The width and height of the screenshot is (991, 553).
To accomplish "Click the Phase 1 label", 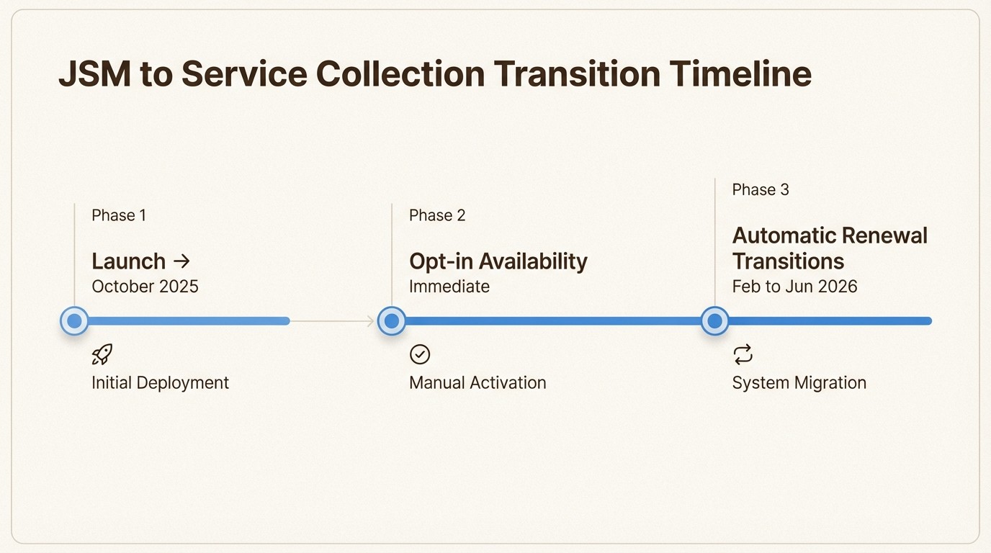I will [119, 215].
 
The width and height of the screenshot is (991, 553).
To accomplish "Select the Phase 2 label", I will [437, 215].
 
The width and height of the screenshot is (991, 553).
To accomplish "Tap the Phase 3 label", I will [761, 189].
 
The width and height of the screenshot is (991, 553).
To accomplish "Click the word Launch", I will [129, 261].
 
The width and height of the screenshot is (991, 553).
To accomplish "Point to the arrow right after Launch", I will [181, 261].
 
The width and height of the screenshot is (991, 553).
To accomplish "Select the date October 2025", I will [145, 286].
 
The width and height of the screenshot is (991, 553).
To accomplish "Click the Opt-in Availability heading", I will [498, 261].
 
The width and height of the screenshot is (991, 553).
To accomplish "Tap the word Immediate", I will [449, 286].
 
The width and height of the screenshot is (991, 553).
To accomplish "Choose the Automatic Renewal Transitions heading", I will [830, 248].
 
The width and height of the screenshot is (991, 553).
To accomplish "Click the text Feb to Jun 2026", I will [794, 286].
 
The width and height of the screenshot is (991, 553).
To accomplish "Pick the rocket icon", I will [102, 354].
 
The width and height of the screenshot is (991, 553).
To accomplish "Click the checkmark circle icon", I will [420, 354].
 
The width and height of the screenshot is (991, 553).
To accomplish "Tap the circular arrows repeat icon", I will [743, 354].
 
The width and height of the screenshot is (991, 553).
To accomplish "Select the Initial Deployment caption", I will [160, 382].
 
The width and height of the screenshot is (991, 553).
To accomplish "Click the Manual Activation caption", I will [477, 382].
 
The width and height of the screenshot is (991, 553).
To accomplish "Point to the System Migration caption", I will [799, 382].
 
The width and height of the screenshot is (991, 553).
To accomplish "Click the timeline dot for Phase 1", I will [74, 321].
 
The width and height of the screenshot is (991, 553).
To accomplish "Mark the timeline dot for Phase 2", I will [392, 321].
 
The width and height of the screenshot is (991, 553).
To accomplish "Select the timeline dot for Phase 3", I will [714, 321].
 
